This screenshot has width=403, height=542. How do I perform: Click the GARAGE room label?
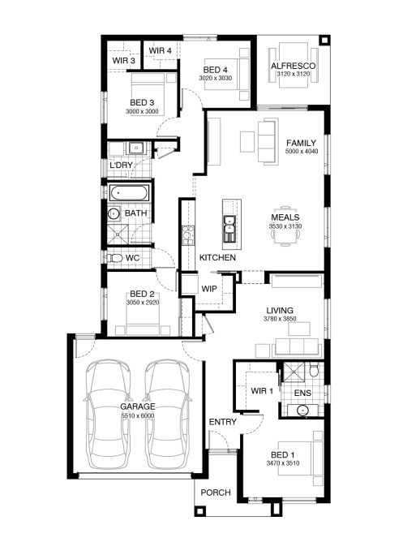(137, 406)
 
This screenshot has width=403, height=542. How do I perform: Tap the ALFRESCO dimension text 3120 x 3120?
(294, 74)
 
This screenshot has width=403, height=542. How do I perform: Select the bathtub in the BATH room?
(129, 193)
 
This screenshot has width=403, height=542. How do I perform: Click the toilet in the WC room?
(115, 258)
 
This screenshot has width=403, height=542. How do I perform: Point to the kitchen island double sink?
(229, 225)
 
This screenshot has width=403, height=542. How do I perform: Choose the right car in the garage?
(168, 414)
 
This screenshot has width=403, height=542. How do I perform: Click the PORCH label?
(216, 493)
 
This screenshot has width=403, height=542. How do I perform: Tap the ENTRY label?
(223, 422)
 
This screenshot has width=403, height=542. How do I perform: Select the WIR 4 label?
(160, 50)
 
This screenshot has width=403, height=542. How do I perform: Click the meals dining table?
(285, 226)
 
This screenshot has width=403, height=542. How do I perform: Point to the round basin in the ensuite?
(302, 411)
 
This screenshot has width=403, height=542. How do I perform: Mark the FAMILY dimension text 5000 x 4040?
(302, 151)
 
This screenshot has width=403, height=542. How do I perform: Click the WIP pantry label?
(209, 289)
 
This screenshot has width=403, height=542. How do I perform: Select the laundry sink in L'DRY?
(137, 148)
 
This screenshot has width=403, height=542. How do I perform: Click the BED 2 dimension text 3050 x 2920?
(143, 303)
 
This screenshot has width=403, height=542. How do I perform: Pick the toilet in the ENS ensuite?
(314, 370)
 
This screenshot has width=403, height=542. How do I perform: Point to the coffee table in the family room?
(247, 141)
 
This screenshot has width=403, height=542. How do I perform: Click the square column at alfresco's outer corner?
(324, 40)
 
